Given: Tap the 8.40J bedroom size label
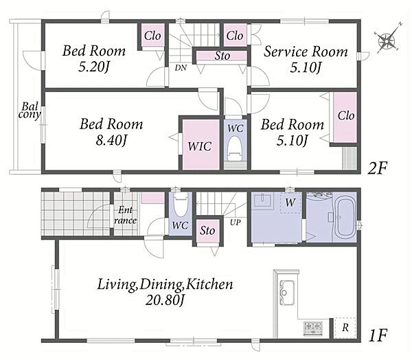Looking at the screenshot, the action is pyautogui.click(x=111, y=141).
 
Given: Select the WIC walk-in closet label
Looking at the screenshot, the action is pyautogui.click(x=200, y=146).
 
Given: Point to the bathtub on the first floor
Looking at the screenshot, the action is pyautogui.click(x=345, y=218).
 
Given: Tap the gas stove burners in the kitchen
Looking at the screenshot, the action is pyautogui.click(x=313, y=328).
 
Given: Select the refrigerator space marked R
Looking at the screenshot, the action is pyautogui.click(x=345, y=328).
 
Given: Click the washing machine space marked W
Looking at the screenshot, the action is pyautogui.click(x=290, y=202).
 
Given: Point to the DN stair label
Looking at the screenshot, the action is pyautogui.click(x=181, y=68).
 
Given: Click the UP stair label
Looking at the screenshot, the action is pyautogui.click(x=235, y=223).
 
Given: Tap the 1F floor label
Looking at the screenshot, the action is pyautogui.click(x=378, y=335).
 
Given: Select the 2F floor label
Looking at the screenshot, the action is pyautogui.click(x=378, y=168).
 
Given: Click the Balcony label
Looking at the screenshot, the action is pyautogui.click(x=30, y=111).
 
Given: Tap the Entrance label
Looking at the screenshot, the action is pyautogui.click(x=126, y=215).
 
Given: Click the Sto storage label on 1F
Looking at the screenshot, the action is pyautogui.click(x=207, y=231).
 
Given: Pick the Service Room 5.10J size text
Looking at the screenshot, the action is pyautogui.click(x=306, y=68).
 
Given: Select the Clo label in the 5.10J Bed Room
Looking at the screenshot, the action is pyautogui.click(x=346, y=115).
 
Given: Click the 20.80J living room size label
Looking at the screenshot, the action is pyautogui.click(x=165, y=300).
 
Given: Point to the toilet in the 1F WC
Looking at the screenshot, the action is pyautogui.click(x=181, y=204).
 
